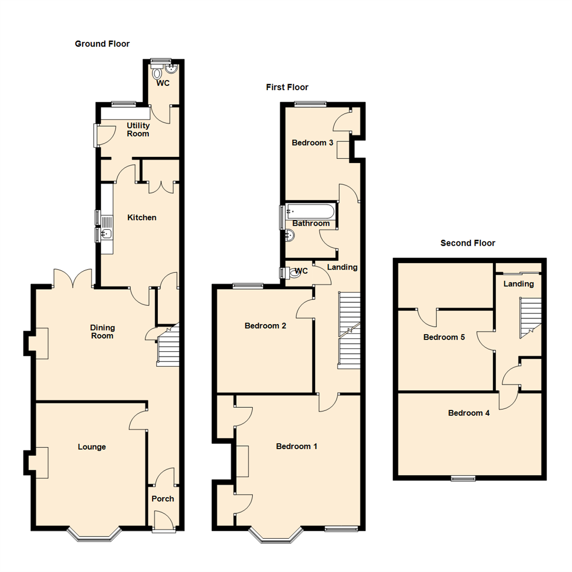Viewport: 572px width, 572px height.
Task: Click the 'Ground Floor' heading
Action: (102, 44)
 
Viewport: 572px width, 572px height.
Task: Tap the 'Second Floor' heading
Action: (468, 243)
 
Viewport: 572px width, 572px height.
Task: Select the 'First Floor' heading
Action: (287, 87)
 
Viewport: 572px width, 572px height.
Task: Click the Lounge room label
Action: (92, 446)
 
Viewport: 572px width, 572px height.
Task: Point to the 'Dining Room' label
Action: (103, 332)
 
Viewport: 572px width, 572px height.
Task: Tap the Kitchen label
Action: (142, 217)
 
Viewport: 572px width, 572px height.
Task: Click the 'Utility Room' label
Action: (138, 130)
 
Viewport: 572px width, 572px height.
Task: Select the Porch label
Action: (163, 498)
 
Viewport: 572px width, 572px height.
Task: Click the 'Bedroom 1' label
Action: (297, 446)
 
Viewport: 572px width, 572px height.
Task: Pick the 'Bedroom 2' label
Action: (265, 326)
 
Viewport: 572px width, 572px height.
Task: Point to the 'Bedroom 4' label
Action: (469, 413)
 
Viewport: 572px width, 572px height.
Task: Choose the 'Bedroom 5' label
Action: (444, 337)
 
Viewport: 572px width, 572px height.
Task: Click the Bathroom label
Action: (311, 224)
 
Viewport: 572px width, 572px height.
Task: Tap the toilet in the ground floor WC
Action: (157, 72)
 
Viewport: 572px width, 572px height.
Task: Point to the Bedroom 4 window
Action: (463, 478)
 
